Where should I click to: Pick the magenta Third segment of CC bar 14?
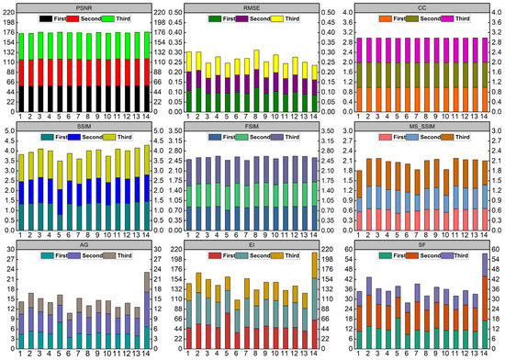click(483, 51)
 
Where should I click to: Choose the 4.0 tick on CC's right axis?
click(497, 13)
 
